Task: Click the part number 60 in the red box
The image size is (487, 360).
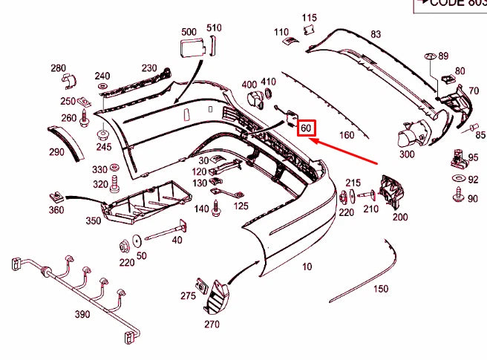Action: [x=306, y=128]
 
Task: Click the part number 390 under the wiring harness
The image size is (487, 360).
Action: [x=82, y=314]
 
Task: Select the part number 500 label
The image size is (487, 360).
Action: [x=189, y=32]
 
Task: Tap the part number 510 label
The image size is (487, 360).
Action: [x=214, y=28]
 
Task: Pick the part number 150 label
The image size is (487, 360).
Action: [x=381, y=288]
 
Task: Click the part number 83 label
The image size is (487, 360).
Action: [x=376, y=34]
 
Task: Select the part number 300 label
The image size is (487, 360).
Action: [x=407, y=154]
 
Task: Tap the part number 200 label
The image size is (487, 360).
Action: [x=400, y=217]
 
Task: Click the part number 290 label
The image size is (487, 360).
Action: [x=56, y=152]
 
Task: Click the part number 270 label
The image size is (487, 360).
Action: [x=212, y=324]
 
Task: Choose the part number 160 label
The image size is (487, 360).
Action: [x=347, y=135]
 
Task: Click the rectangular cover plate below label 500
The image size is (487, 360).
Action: [x=190, y=49]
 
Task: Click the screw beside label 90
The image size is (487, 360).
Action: [x=457, y=197]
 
